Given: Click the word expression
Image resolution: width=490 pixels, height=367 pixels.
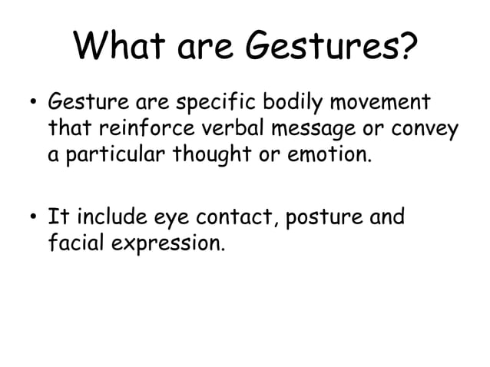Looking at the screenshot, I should click(x=171, y=246).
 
